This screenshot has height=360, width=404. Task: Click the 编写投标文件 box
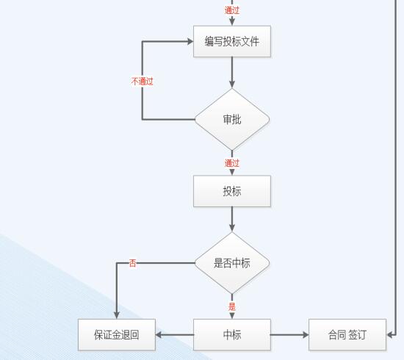tap(232, 41)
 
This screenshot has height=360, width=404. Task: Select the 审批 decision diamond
tap(232, 119)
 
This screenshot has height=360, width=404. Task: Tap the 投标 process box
tap(232, 191)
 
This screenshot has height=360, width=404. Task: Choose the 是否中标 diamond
tap(232, 263)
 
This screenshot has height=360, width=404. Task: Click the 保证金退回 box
tap(117, 335)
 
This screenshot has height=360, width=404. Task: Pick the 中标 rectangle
tap(232, 335)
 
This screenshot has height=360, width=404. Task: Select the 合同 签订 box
tap(347, 335)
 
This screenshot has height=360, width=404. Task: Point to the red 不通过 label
tap(143, 82)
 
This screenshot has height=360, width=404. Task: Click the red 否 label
tap(132, 263)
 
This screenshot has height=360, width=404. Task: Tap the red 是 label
tap(232, 306)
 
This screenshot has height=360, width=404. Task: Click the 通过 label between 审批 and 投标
tap(232, 163)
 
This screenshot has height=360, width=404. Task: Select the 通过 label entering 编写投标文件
tap(232, 10)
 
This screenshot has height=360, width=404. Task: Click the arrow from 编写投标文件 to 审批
tap(232, 73)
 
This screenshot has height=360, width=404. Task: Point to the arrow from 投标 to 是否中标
tap(232, 219)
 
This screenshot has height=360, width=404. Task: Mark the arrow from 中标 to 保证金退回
tap(174, 335)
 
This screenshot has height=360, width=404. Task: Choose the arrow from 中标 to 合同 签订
tap(289, 335)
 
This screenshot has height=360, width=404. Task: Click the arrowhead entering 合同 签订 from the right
tap(389, 335)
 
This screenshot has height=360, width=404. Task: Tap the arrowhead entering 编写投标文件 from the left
tap(190, 41)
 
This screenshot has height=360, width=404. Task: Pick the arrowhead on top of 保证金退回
tap(117, 315)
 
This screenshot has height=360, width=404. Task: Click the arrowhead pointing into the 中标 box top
tap(232, 316)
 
